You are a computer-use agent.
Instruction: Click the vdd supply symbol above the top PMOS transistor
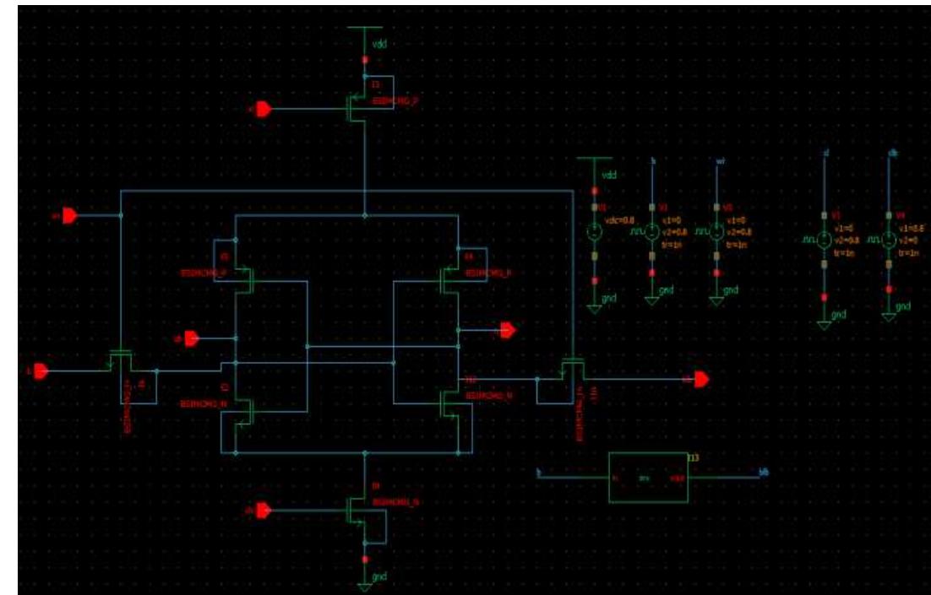[364, 34]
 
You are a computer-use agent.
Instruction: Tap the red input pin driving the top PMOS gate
[263, 109]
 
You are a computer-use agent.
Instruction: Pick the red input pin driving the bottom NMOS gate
[263, 510]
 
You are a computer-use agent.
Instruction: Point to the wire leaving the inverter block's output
[727, 477]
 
